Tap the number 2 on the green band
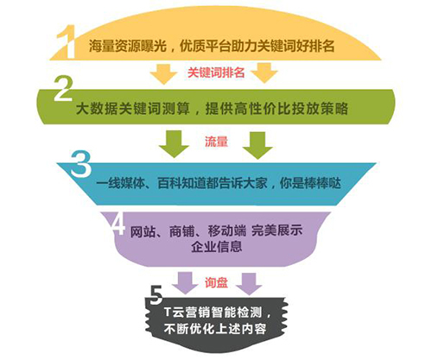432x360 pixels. click(x=63, y=88)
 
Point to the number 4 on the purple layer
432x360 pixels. click(x=118, y=224)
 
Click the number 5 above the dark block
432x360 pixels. click(x=156, y=295)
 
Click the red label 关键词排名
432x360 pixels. click(x=216, y=73)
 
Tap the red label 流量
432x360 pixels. click(x=216, y=142)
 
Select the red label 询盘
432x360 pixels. click(x=216, y=282)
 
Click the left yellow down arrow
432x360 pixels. click(x=163, y=73)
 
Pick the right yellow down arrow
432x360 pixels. click(x=264, y=73)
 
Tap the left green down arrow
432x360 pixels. click(x=174, y=144)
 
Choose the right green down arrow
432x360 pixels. click(x=257, y=145)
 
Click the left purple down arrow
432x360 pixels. click(x=185, y=283)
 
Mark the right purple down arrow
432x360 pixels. click(x=249, y=284)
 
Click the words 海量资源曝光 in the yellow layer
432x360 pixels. click(x=128, y=46)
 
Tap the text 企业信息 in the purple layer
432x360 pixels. click(x=216, y=246)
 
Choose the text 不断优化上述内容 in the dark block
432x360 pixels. click(x=215, y=329)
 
